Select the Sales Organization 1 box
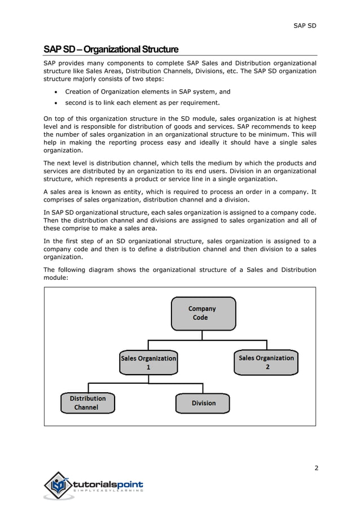coord(148,362)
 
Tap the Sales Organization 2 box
coord(266,362)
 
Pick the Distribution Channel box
coord(87,402)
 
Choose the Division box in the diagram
coord(203,403)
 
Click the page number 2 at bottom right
coord(317,468)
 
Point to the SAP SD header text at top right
coord(305,27)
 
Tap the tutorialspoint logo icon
coord(59,485)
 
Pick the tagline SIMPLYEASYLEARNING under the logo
coord(108,491)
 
